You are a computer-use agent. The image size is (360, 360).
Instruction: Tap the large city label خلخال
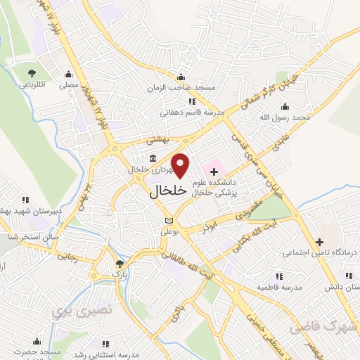(x=168, y=190)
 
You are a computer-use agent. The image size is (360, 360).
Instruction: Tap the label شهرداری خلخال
(x=150, y=169)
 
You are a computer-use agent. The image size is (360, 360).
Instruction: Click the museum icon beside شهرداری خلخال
(x=153, y=157)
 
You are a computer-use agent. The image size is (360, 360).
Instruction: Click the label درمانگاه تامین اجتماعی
(x=320, y=251)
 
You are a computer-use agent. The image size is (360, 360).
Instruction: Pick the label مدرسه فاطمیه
(x=279, y=287)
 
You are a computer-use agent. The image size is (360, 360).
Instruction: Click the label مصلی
(x=67, y=84)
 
